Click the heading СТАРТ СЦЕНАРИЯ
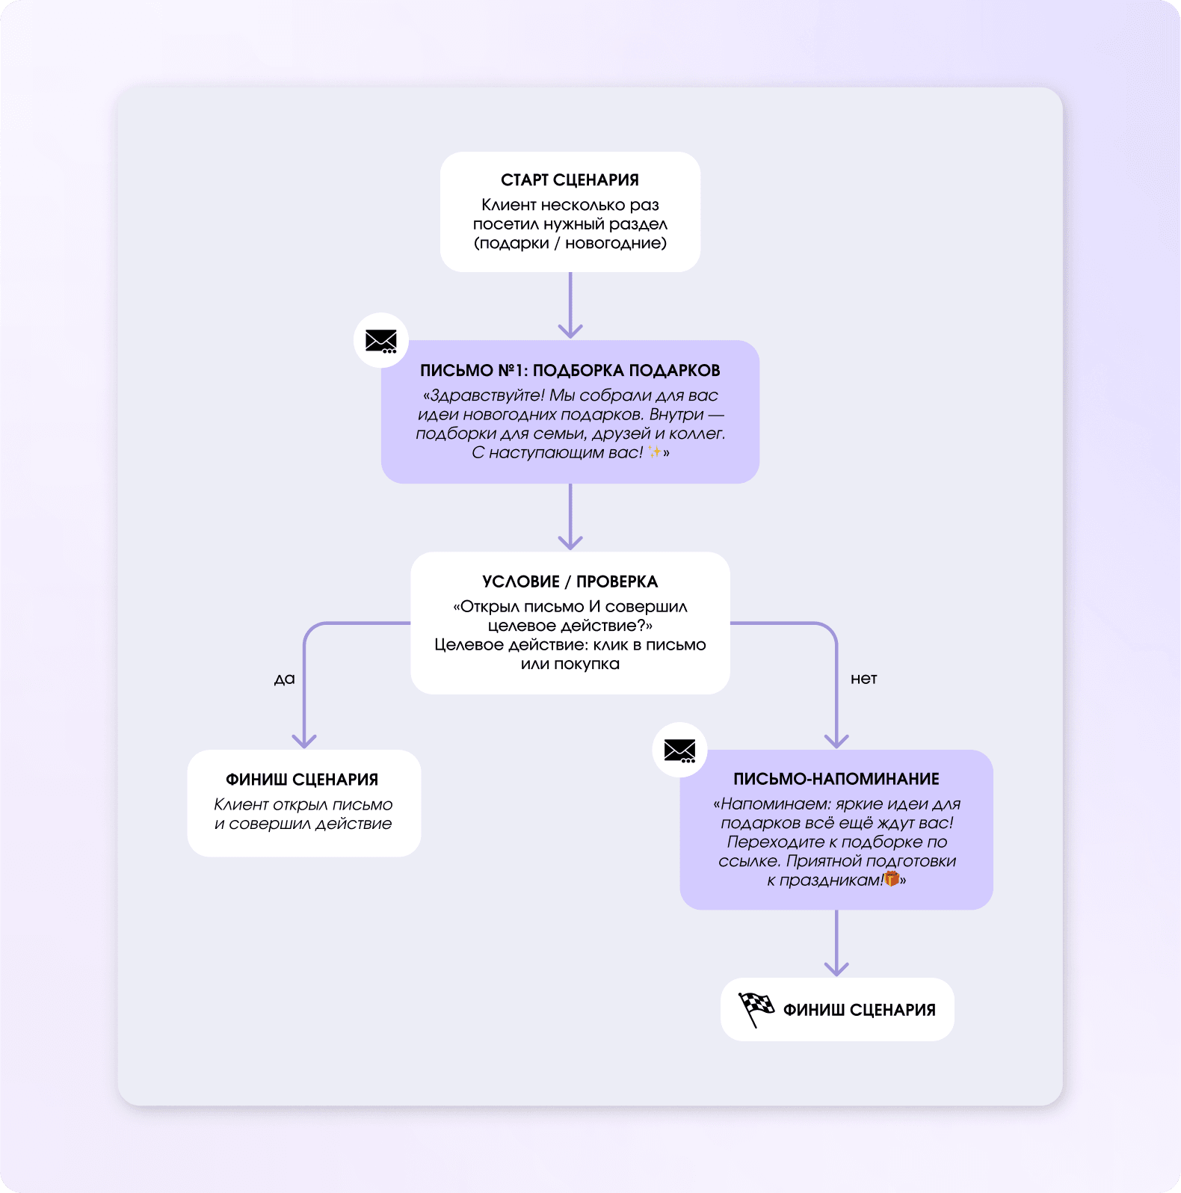point(570,180)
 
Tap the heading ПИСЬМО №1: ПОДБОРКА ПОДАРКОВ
point(570,371)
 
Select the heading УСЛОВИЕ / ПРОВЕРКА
point(570,582)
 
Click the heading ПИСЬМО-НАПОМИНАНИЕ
point(836,779)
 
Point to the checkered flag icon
point(756,1009)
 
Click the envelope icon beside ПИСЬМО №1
point(381,341)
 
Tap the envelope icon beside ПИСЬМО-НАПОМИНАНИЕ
point(679,750)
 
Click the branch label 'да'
point(284,679)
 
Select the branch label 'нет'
point(863,679)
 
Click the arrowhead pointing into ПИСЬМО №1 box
point(570,331)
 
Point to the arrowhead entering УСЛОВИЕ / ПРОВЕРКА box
point(570,543)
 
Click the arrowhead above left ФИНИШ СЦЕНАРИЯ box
point(304,741)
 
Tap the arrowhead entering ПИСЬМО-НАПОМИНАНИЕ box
point(836,741)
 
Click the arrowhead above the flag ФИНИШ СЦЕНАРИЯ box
point(836,969)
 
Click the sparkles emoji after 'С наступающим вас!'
point(654,452)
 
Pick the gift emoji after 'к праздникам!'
point(891,879)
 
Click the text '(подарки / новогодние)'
point(570,243)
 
